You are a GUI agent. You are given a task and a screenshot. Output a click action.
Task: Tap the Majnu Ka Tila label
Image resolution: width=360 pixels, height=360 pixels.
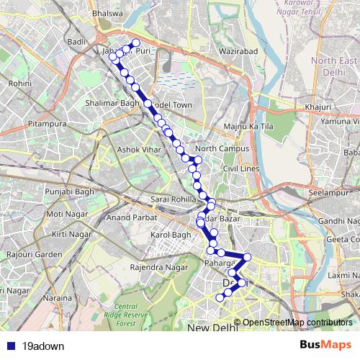tap(233, 127)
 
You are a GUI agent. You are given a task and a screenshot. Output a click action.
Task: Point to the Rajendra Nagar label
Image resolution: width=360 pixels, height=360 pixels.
tap(153, 268)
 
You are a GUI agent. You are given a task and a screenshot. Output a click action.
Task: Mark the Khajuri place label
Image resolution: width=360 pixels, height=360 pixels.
tap(317, 107)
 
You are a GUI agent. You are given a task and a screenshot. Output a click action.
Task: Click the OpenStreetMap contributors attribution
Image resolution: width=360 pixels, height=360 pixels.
tap(297, 323)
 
